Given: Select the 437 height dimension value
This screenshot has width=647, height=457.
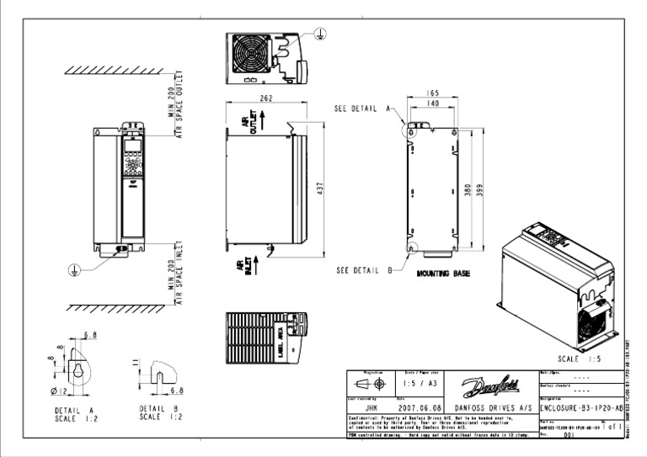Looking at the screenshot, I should click(x=319, y=191).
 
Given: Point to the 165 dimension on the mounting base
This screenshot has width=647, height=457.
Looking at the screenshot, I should click(x=433, y=93).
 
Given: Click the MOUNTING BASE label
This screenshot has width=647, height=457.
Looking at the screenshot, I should click(x=443, y=274).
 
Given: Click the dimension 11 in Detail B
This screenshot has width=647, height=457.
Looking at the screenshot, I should click(x=136, y=362).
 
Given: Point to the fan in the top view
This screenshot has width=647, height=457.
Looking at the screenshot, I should click(x=253, y=58).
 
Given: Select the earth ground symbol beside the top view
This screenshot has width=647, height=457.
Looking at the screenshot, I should click(x=319, y=32).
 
